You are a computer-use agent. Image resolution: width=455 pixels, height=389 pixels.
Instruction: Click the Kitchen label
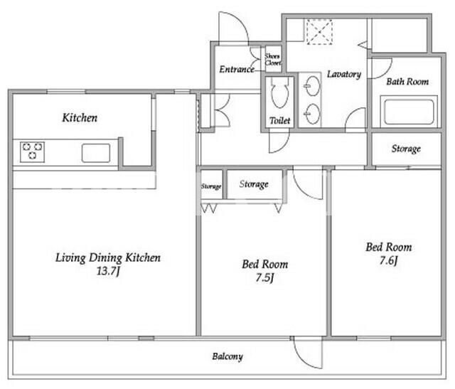pos(80,117)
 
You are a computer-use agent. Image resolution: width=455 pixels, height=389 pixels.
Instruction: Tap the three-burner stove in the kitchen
pos(32,151)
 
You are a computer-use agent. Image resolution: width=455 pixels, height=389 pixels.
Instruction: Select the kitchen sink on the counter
pos(96,153)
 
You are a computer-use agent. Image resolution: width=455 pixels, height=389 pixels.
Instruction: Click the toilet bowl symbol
pos(279,92)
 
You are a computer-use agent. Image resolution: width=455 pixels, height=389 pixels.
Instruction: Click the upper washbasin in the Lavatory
pos(313,85)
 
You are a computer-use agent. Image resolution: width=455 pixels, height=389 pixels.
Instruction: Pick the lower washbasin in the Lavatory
pos(313,114)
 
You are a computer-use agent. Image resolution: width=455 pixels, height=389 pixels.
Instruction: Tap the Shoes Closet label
pos(272,59)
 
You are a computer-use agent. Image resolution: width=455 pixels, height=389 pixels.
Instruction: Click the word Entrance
pos(237,70)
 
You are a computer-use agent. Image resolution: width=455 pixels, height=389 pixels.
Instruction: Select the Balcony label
pos(227,356)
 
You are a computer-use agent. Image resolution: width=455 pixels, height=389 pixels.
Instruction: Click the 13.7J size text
pos(108,271)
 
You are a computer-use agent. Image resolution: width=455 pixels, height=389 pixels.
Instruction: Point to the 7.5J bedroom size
pos(264,277)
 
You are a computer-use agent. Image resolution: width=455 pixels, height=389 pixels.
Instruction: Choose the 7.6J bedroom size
pos(388,260)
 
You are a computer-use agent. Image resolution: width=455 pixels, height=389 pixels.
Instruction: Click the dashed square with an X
pos(319,32)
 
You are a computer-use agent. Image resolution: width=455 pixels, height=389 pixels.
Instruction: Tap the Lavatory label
pos(344,75)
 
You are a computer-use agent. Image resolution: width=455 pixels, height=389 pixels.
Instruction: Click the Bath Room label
pos(407,82)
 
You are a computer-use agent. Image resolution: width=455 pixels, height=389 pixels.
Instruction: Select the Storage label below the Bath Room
pos(406,149)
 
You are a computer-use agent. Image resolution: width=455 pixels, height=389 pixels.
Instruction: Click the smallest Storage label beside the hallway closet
pos(211,186)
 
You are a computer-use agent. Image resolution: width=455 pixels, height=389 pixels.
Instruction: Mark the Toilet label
pos(279,120)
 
